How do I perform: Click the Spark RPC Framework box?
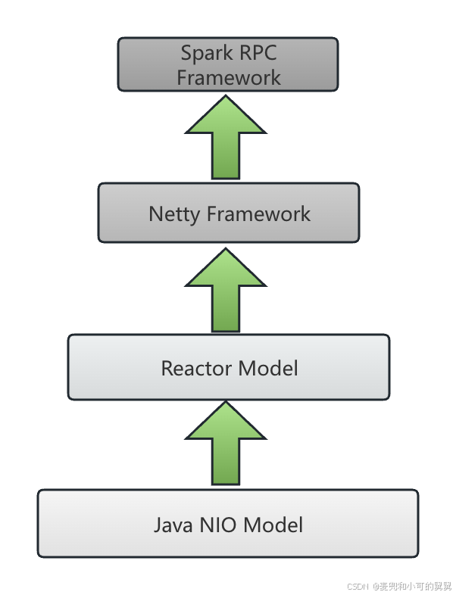coord(228,65)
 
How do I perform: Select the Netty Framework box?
coord(229,213)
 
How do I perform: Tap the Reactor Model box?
coord(229,368)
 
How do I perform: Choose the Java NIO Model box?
coord(228,524)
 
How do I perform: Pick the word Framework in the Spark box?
coord(229,77)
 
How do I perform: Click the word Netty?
coord(174,213)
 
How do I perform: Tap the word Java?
coord(173,525)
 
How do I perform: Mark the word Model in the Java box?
coord(274,525)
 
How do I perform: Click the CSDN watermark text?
coord(357,586)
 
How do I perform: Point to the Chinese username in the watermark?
coord(414,586)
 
